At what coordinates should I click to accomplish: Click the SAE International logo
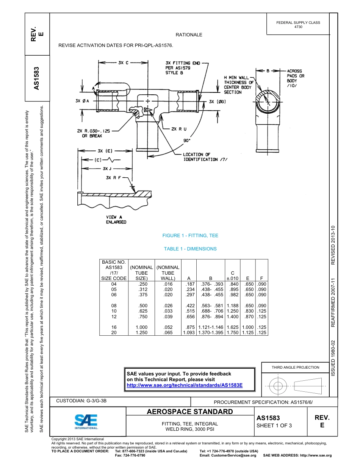tap(86, 421)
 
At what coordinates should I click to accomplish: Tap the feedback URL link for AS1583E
tap(184, 385)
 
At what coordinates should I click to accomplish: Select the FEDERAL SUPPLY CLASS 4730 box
tap(298, 25)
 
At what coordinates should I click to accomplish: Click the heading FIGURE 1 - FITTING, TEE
tap(190, 236)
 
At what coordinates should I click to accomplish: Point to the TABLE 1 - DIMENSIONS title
tap(190, 249)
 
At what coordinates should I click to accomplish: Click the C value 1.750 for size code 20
tap(232, 333)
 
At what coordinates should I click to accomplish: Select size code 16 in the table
tap(114, 327)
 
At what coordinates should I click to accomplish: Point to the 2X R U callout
tap(179, 129)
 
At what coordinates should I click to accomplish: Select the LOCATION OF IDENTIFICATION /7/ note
tap(205, 157)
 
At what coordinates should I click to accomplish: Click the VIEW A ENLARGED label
tap(116, 219)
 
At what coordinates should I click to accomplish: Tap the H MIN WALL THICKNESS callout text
tap(238, 85)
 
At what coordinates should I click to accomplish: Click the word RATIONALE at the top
tap(189, 35)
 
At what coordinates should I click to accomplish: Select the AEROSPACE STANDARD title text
tap(189, 412)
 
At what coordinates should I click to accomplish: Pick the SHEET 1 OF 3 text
tap(274, 425)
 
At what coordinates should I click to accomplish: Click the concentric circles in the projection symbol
tap(278, 386)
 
